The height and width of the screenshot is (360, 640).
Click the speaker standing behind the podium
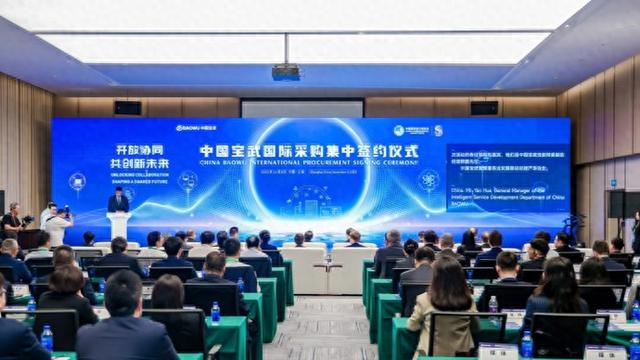click(x=118, y=200)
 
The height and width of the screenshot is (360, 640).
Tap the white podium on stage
click(x=118, y=224)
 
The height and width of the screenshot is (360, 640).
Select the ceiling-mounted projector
click(x=286, y=72)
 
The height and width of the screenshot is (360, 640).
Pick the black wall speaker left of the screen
click(x=127, y=108)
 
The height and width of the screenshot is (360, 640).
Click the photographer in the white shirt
click(x=56, y=224)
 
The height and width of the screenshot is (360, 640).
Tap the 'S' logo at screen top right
click(x=438, y=130)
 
